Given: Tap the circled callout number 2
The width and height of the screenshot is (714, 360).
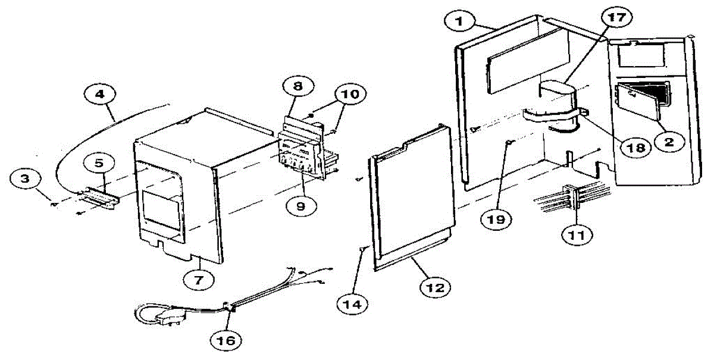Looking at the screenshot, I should click(x=669, y=142).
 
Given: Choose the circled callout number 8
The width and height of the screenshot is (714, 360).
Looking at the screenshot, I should click(x=297, y=87).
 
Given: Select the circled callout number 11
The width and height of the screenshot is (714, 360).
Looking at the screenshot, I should click(x=576, y=234).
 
